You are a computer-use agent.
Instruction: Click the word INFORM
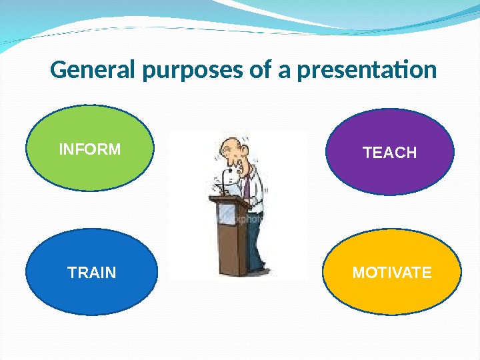click(x=90, y=149)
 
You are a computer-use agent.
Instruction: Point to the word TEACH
click(x=389, y=153)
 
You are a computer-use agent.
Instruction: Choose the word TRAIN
click(x=92, y=273)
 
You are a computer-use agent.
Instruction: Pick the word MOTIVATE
click(x=392, y=273)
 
